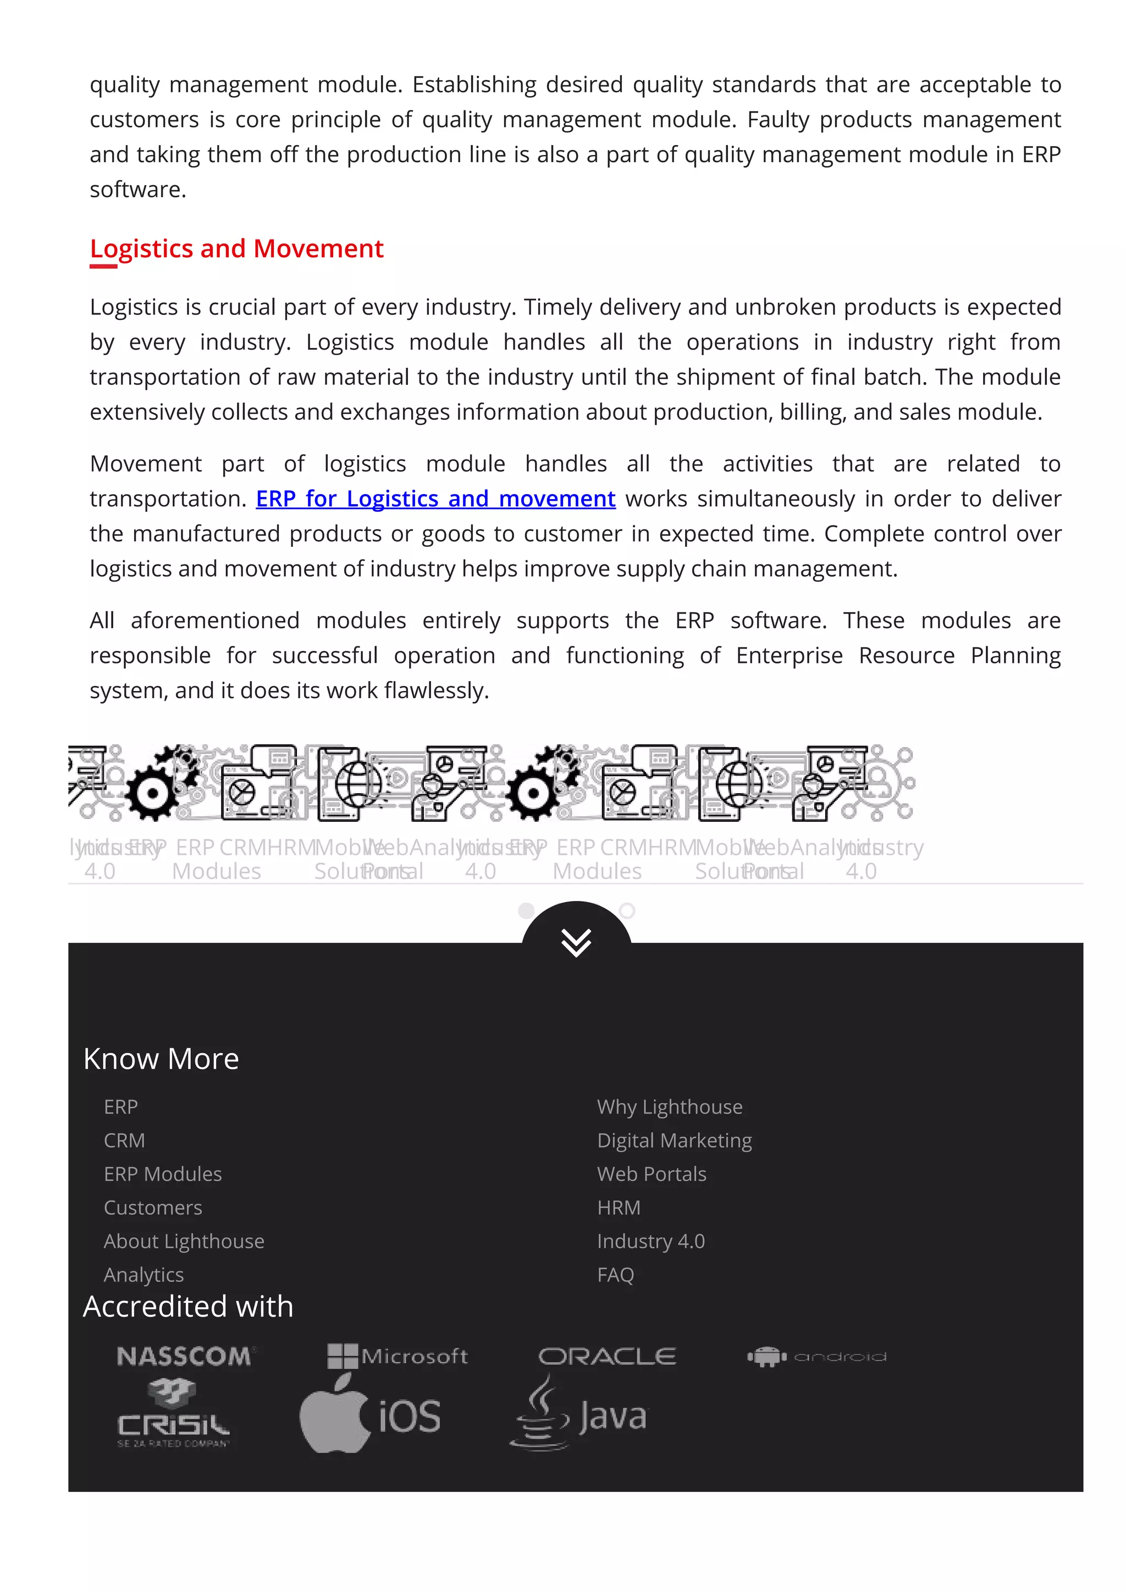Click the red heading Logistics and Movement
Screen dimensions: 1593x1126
(236, 248)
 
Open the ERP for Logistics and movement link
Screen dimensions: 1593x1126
(435, 499)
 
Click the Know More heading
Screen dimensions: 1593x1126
(161, 1059)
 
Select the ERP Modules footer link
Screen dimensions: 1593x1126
(162, 1174)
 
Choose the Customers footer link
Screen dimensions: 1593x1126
(153, 1208)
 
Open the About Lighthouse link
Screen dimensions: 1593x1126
(184, 1241)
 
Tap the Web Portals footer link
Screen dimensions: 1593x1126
(651, 1174)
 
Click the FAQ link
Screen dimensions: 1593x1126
(615, 1275)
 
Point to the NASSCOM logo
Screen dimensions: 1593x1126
(185, 1357)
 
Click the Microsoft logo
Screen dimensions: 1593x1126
(398, 1357)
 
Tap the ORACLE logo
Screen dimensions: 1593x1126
(606, 1357)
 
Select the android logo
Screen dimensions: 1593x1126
(816, 1357)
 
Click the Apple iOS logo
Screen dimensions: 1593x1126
(370, 1415)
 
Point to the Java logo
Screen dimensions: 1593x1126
(578, 1415)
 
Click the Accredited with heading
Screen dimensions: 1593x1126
(188, 1307)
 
